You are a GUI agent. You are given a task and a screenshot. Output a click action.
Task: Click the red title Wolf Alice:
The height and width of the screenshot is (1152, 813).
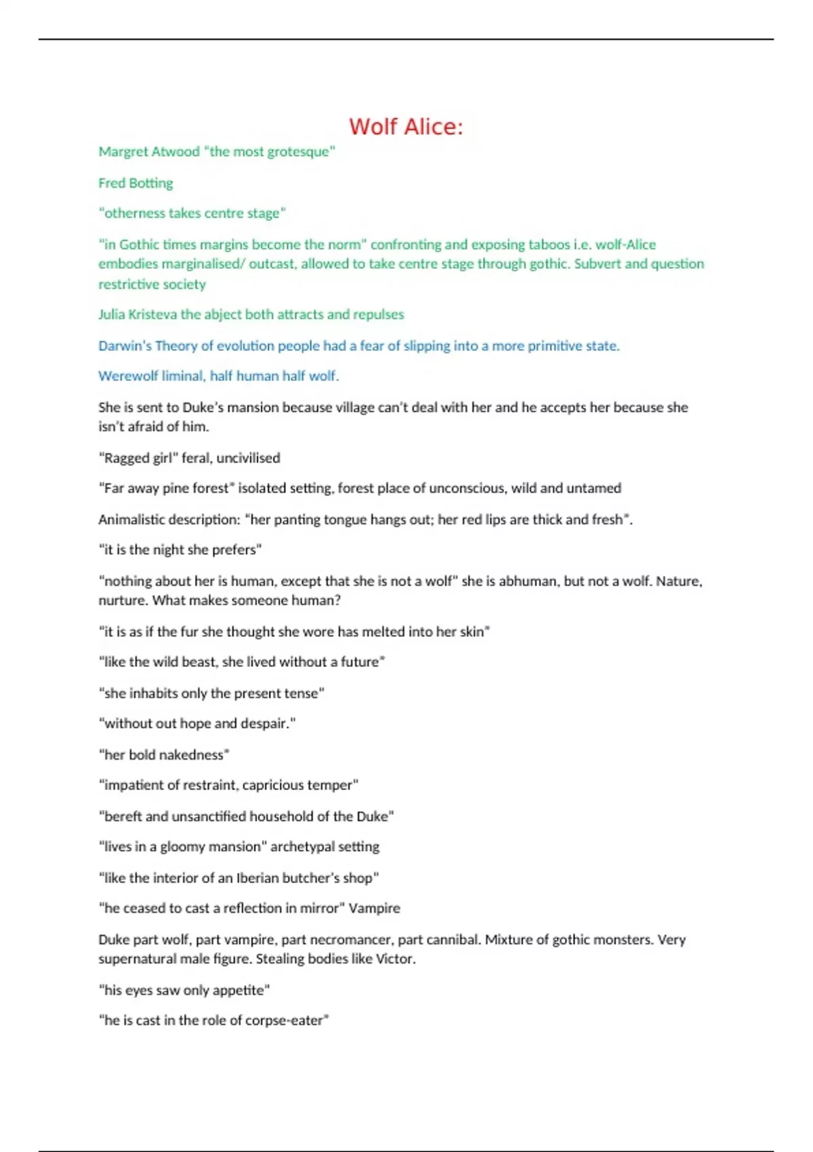point(406,127)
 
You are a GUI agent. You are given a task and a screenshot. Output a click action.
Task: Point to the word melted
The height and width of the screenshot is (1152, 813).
point(384,632)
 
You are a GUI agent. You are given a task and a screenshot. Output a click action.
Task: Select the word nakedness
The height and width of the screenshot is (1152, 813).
point(194,755)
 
